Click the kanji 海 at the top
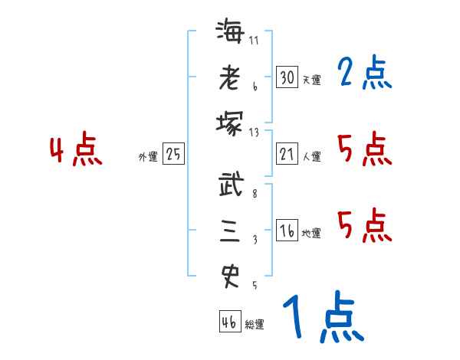tap(229, 34)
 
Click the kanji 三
tap(229, 231)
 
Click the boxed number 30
tap(287, 77)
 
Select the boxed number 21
tap(287, 154)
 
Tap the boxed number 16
tap(287, 231)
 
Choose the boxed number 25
tap(173, 154)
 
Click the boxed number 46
tap(229, 322)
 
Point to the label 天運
tap(312, 80)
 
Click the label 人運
tap(312, 156)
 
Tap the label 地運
tap(312, 233)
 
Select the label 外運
tap(147, 156)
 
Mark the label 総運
tap(255, 324)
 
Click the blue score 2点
tap(364, 74)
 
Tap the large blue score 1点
tap(322, 317)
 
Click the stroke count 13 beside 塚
tap(255, 132)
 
